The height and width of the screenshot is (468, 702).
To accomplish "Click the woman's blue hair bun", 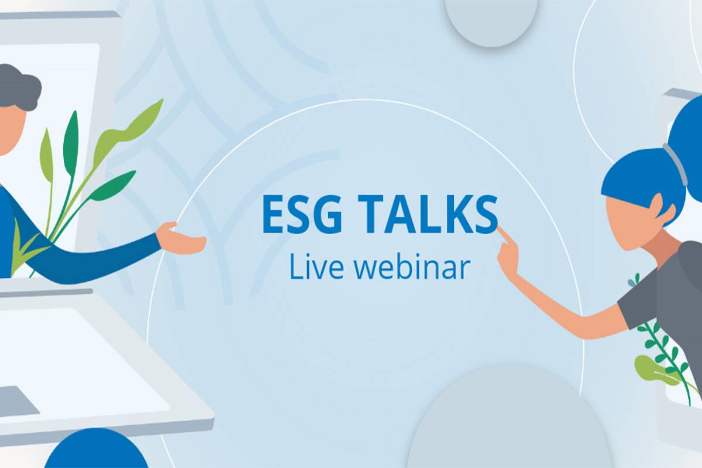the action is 688,147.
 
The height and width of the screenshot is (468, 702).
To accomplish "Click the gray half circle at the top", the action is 491,21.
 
